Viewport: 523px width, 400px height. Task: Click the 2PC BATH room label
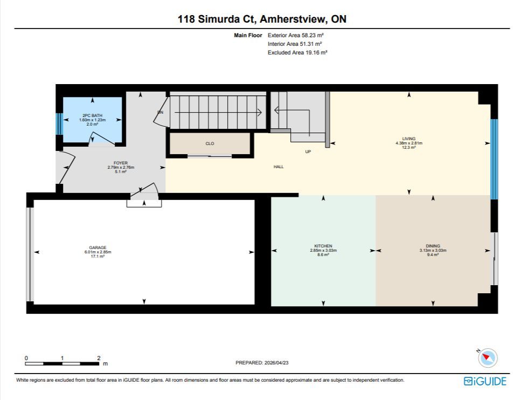point(93,115)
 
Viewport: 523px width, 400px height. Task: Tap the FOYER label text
point(121,163)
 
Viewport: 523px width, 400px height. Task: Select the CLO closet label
point(210,143)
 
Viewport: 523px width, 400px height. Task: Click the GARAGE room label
point(97,248)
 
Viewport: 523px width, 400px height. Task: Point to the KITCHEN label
point(323,246)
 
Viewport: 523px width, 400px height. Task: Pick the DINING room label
point(433,246)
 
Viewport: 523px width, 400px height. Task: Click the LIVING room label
point(409,139)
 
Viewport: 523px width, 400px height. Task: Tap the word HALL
point(278,167)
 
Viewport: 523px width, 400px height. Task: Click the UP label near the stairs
point(308,151)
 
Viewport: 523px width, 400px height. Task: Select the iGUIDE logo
point(485,381)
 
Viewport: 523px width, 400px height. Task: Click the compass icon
point(487,357)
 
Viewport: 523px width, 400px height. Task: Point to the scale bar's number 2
point(99,358)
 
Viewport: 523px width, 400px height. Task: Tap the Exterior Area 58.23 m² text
point(296,35)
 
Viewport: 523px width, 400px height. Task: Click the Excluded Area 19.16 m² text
point(297,52)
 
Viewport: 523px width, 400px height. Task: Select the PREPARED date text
point(262,363)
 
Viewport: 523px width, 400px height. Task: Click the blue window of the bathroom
point(59,124)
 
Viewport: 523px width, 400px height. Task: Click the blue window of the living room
point(494,159)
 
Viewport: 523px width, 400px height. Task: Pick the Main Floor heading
point(248,35)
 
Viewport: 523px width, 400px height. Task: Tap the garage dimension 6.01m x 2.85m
point(97,252)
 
